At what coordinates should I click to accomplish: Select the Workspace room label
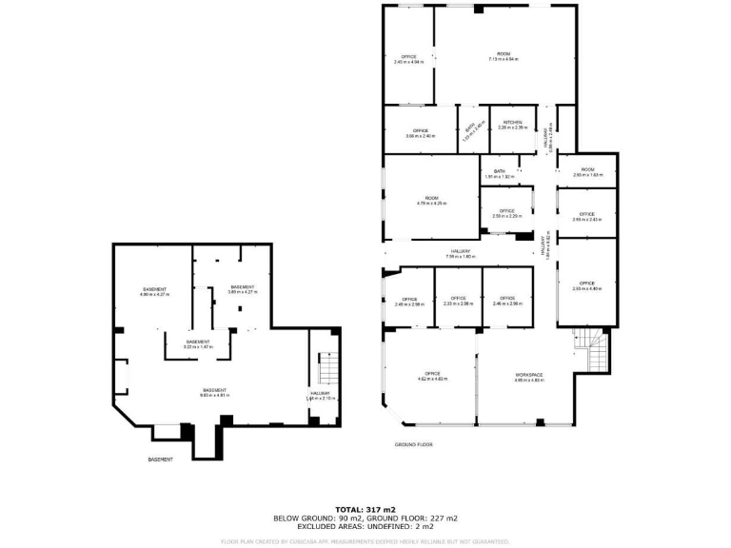point(528,377)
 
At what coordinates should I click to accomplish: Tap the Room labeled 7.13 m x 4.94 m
point(504,56)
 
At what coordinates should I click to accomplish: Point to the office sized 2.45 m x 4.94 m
point(408,59)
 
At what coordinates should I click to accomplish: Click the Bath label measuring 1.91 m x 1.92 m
point(500,174)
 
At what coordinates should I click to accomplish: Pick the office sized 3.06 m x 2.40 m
point(421,133)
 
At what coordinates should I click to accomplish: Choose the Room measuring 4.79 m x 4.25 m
point(431,201)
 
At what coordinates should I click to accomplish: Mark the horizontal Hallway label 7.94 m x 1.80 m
point(461,254)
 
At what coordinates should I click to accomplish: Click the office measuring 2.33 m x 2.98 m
point(458,301)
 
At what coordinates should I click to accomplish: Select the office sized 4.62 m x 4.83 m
point(432,377)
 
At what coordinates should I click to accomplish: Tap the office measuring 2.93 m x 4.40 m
point(587,285)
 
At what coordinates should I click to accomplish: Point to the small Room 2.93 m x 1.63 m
point(587,172)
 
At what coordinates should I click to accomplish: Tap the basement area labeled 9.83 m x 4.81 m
point(214,392)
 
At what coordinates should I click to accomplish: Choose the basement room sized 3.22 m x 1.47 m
point(198,344)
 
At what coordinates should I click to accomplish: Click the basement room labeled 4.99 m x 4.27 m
point(154,292)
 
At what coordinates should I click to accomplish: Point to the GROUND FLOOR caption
point(413,444)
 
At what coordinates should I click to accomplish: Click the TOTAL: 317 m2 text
point(365,510)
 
